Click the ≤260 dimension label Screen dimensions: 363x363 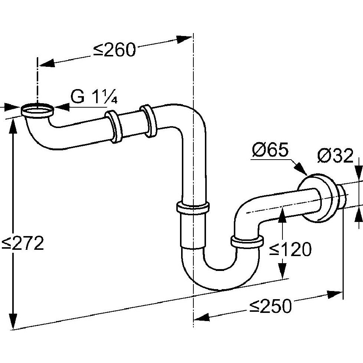coord(114,50)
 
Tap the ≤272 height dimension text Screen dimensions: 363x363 coord(23,243)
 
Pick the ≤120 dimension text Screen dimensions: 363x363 coord(290,249)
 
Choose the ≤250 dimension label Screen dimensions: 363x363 coord(271,306)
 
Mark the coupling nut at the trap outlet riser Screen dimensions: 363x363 coord(247,242)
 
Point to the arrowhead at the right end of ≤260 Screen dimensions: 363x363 coord(184,39)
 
